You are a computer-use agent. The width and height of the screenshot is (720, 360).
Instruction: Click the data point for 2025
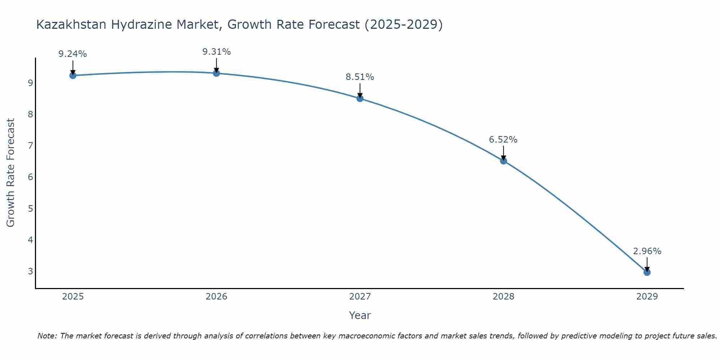73,75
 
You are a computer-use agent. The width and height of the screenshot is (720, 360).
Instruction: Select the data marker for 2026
216,73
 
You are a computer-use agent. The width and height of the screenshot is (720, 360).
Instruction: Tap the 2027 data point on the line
360,98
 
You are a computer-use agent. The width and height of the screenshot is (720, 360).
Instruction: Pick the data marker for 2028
503,161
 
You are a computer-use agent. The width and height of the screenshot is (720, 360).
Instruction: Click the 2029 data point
647,272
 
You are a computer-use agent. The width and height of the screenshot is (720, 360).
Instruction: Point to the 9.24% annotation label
73,54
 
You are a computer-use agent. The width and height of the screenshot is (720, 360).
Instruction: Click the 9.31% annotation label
216,52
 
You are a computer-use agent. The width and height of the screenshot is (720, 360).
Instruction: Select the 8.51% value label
360,77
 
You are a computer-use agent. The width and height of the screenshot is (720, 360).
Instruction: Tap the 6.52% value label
503,140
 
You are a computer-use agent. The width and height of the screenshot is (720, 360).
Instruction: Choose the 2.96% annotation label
647,251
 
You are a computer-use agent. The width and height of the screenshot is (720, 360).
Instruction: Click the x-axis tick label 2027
360,297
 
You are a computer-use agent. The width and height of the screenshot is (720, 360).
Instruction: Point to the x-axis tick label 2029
647,297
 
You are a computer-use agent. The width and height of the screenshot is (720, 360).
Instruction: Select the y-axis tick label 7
30,146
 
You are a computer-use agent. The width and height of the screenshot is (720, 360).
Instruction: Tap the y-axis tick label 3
30,271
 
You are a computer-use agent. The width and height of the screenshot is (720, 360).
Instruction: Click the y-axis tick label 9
30,83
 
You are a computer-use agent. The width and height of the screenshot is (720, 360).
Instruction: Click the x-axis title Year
360,315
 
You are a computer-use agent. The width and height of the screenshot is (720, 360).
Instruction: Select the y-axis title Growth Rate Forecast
11,173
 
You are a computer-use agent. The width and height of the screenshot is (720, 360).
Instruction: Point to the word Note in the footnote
47,336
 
